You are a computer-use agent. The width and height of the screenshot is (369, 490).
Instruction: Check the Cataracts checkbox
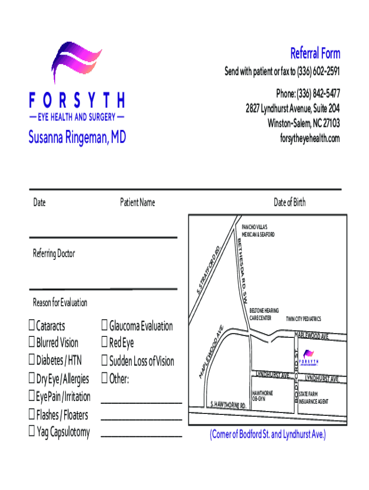32,326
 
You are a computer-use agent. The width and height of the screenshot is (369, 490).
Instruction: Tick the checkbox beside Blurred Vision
32,343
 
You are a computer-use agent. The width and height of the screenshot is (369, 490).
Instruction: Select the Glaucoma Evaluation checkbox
104,326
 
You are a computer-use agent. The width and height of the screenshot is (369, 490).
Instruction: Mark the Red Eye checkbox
104,343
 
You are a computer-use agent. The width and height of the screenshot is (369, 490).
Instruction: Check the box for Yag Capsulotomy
32,432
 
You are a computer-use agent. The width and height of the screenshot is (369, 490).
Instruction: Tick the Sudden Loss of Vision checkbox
104,361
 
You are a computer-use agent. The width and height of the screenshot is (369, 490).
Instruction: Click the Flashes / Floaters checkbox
32,414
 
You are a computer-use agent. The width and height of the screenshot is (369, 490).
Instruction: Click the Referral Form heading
315,53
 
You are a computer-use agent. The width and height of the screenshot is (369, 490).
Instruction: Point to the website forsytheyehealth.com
310,138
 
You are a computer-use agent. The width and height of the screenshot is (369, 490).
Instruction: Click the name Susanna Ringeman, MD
77,138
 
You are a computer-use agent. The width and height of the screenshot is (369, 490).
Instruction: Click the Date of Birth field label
289,202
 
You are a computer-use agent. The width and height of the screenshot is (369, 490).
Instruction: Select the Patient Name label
138,202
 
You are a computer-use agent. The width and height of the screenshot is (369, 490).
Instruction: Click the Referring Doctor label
54,253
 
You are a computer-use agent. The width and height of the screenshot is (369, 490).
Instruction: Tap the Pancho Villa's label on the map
258,230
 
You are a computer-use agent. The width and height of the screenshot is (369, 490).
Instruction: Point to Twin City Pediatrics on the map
303,319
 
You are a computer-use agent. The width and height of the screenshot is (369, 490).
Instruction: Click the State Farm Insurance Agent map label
313,397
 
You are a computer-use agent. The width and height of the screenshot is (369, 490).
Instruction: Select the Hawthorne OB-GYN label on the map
263,395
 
